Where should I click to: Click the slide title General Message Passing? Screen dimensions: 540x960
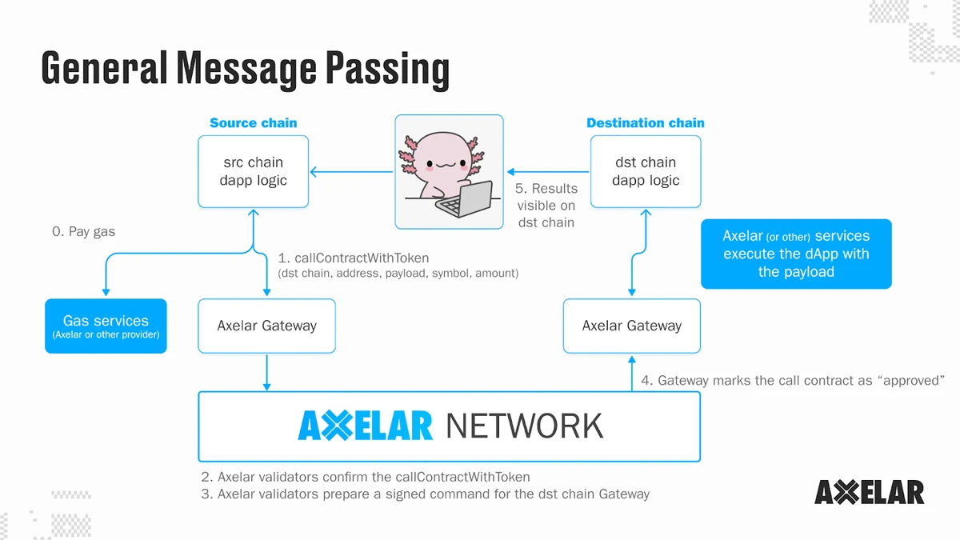(245, 68)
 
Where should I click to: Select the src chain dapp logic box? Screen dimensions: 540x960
(253, 171)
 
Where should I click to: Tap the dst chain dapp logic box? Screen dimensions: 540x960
(646, 171)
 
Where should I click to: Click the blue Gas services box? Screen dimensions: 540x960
(106, 326)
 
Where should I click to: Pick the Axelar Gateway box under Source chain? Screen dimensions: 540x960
(266, 326)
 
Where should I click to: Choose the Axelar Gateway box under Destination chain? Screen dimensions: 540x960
(631, 326)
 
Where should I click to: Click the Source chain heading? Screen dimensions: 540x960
(253, 123)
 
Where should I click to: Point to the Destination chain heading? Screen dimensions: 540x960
(645, 123)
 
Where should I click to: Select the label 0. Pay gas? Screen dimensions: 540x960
(83, 232)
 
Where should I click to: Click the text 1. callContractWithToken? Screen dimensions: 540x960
(354, 258)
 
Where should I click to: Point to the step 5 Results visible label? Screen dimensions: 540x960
(546, 206)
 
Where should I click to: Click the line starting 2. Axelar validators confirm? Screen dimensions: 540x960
(366, 477)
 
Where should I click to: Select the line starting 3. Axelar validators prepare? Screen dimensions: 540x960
(425, 494)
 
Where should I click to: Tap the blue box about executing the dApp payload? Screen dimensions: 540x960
(795, 254)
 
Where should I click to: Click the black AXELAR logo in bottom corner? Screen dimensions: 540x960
(869, 492)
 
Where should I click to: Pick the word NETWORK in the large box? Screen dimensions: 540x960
(524, 426)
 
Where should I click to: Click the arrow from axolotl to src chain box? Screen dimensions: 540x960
(352, 171)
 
